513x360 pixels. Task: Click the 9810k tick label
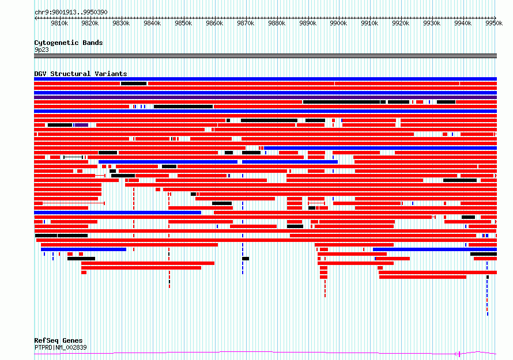59,23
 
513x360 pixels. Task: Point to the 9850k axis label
183,23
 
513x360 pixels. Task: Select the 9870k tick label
246,23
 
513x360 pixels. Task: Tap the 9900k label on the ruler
338,23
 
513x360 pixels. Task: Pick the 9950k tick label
494,23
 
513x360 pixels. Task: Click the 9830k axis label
122,23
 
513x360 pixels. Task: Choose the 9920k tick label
401,23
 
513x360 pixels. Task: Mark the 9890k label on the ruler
308,23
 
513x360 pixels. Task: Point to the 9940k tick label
463,23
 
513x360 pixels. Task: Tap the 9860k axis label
214,23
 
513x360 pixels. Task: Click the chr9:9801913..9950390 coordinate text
71,13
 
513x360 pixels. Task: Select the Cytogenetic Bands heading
69,43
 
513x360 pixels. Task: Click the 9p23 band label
42,50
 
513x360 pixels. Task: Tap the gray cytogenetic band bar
265,56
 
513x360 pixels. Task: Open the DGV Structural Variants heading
81,74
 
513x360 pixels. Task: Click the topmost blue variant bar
265,79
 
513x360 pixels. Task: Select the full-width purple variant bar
265,97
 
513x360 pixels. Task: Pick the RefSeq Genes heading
58,341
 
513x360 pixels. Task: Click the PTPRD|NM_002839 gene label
61,347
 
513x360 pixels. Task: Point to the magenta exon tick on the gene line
459,354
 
